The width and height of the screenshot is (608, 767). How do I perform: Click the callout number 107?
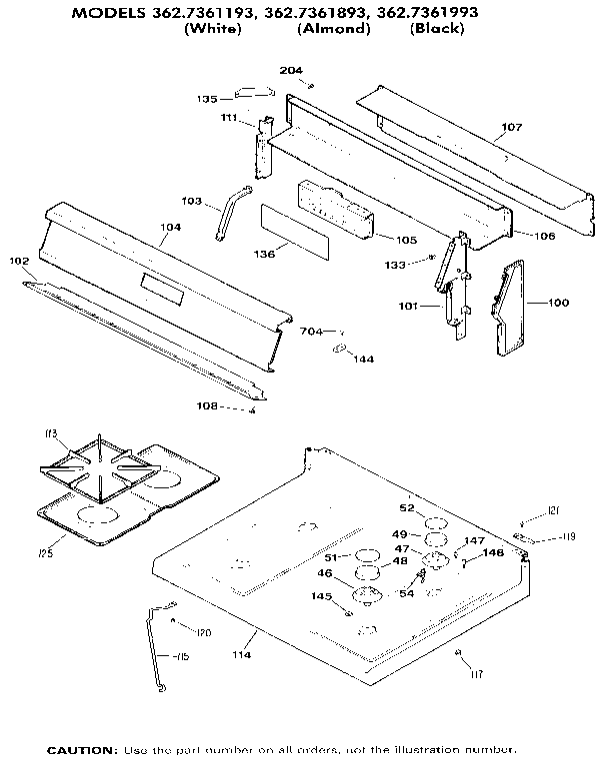511,128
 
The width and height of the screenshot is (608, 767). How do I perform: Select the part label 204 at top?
290,70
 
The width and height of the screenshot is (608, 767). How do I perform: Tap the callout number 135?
207,99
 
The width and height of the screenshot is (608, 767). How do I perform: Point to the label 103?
191,202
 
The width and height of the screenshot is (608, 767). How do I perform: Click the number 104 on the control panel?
170,228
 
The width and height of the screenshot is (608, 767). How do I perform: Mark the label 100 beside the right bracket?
558,301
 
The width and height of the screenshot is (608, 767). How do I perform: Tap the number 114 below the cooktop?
242,654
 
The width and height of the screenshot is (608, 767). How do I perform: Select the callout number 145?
321,596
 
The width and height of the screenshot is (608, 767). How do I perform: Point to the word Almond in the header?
334,29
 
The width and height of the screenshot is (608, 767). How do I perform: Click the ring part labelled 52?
435,523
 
